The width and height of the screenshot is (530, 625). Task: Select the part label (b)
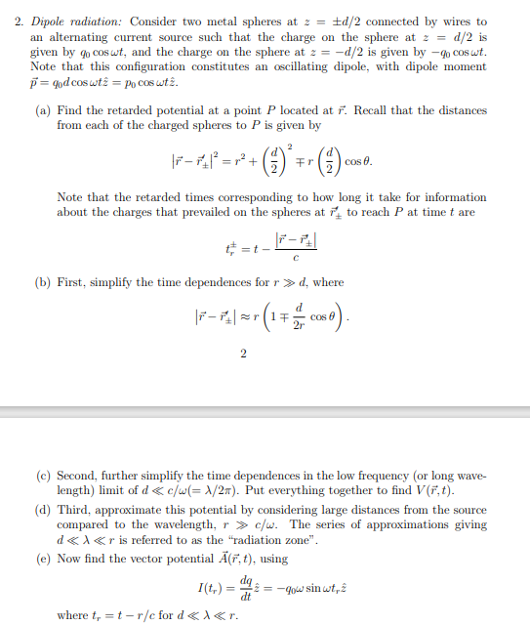coord(43,282)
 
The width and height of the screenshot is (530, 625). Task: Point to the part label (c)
coord(43,476)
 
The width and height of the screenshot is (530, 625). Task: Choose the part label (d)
coord(43,510)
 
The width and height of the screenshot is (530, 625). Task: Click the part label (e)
coord(43,558)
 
